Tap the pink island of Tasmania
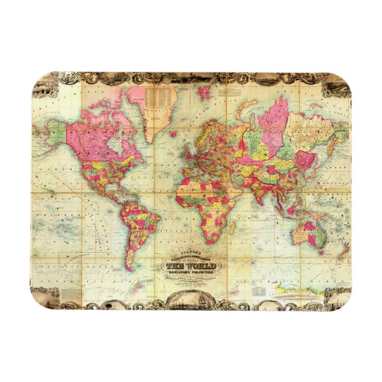click(x=321, y=252)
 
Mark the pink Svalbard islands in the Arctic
click(x=205, y=93)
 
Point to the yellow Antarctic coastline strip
click(x=297, y=291)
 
